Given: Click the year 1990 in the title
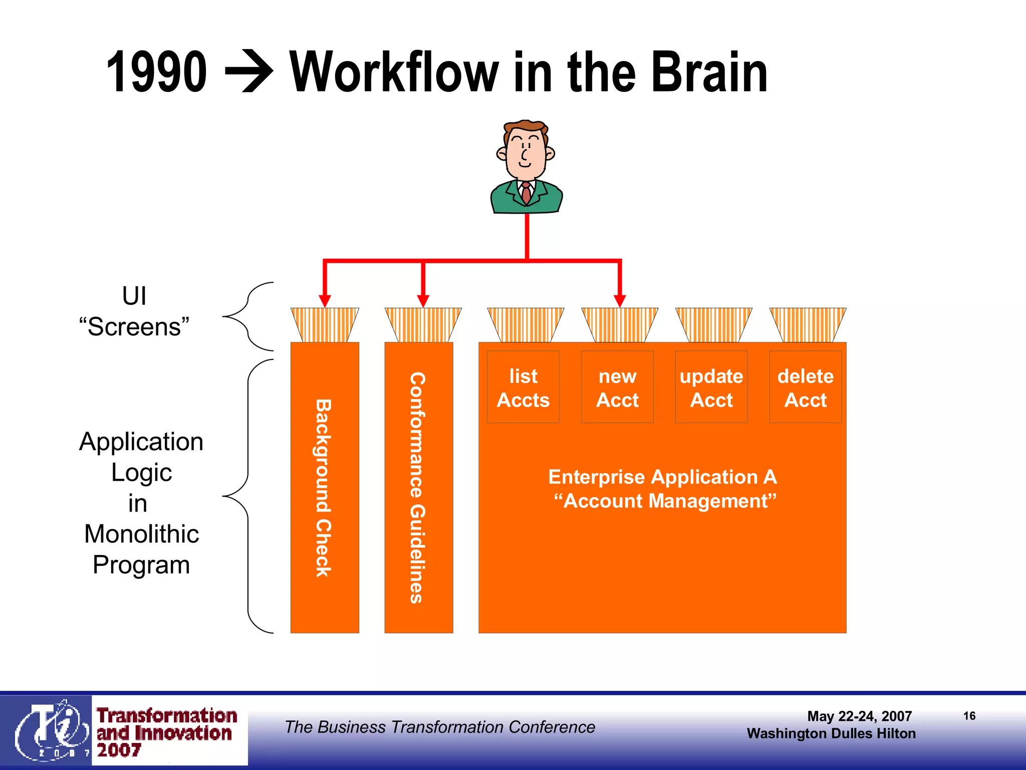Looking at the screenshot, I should click(156, 73).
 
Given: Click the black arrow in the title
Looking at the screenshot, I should click(249, 73).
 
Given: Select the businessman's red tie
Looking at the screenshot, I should click(526, 194).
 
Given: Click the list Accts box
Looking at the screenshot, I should click(523, 388).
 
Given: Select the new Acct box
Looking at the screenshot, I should click(617, 388).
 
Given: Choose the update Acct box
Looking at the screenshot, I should click(711, 388).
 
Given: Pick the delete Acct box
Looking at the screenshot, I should click(805, 388).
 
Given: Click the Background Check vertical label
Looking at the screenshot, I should click(324, 487).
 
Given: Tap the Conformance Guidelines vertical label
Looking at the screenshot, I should click(418, 487).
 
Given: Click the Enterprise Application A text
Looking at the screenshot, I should click(662, 477).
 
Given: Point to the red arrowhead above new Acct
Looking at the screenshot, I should click(620, 301).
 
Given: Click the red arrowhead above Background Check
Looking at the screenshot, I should click(325, 301).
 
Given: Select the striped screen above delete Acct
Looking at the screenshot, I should click(808, 325).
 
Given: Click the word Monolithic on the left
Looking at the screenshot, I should click(141, 534).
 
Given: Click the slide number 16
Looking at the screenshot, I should click(969, 716).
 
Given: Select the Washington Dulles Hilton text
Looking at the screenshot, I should click(831, 733).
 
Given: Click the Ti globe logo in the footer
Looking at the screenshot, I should click(50, 731).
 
